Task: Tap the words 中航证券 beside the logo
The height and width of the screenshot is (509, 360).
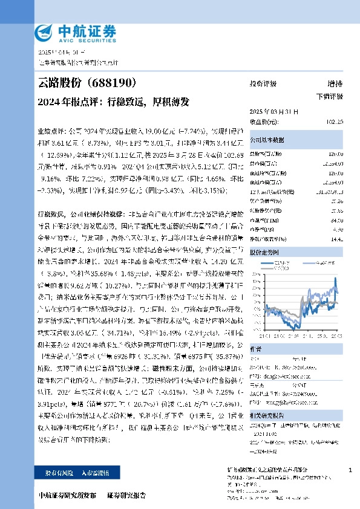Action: click(x=86, y=30)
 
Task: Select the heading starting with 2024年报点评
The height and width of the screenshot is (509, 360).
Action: click(x=113, y=101)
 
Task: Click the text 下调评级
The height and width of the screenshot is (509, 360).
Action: click(x=329, y=96)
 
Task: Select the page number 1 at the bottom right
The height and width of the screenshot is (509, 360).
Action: click(x=350, y=470)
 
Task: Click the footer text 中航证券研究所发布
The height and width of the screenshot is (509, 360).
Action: click(x=67, y=495)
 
